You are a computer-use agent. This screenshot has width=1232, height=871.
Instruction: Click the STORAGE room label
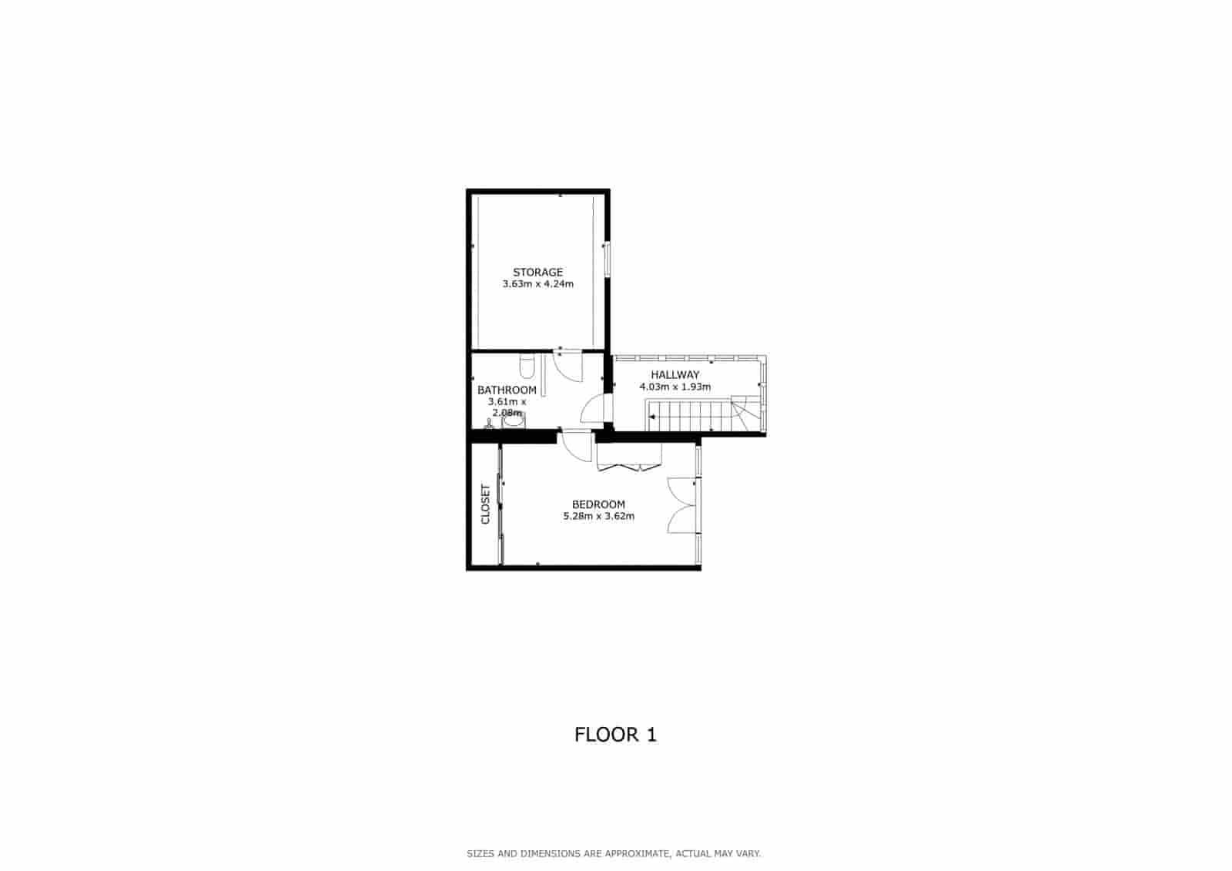(x=537, y=272)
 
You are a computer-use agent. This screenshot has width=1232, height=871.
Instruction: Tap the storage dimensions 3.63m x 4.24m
(x=537, y=284)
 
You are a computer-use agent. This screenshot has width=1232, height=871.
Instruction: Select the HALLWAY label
(x=675, y=375)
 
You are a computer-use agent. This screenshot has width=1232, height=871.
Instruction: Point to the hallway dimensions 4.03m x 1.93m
(x=675, y=387)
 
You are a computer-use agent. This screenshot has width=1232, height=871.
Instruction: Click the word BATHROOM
(x=507, y=390)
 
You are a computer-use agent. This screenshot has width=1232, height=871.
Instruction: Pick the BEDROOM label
(x=598, y=504)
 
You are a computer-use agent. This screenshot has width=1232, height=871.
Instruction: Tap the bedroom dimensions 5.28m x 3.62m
(x=598, y=516)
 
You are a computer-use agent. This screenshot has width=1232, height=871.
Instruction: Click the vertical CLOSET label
(x=485, y=504)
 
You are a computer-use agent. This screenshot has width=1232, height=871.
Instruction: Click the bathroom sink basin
(x=512, y=420)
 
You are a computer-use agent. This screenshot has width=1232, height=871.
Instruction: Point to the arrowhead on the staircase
(x=652, y=417)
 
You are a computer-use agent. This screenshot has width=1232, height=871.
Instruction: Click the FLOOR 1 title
(x=615, y=735)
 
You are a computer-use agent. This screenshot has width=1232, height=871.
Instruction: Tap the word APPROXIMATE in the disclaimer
(x=636, y=854)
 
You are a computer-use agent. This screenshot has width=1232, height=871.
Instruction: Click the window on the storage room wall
(x=607, y=259)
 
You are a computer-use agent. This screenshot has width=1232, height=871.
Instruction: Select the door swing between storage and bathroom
(x=568, y=366)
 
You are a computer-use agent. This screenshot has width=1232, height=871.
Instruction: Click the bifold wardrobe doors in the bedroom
(x=629, y=460)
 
